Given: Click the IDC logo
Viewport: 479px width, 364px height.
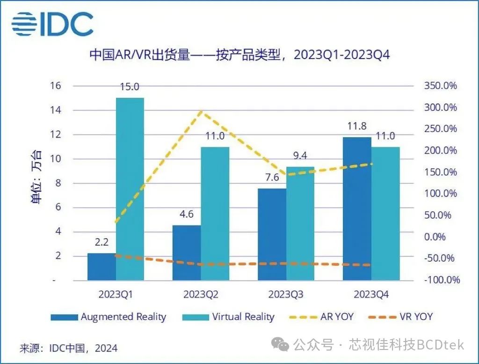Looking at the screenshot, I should [x=52, y=23].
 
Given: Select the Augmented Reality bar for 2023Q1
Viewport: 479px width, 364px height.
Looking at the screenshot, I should [x=102, y=267].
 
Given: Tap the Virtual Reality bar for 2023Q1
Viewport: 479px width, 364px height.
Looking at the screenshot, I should [x=130, y=189].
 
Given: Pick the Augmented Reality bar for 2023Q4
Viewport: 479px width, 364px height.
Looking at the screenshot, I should [x=357, y=209].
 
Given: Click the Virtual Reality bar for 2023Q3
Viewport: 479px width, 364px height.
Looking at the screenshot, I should [x=300, y=223].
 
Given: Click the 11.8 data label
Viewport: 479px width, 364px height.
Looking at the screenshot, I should [x=356, y=127].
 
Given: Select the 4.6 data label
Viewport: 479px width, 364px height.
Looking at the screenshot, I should [x=186, y=215].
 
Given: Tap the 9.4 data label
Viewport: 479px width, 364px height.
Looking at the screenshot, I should [x=300, y=156].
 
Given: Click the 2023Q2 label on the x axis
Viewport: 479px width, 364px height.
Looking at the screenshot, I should [x=201, y=295].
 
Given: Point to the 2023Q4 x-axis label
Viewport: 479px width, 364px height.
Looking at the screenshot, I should [x=371, y=295].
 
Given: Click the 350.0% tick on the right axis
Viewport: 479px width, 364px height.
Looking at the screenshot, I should [x=441, y=86].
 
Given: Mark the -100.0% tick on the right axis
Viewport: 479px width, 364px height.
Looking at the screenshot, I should [x=441, y=280].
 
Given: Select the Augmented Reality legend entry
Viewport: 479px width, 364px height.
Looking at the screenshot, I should [x=109, y=317].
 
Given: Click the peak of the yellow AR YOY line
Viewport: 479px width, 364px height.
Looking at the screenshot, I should [x=201, y=111].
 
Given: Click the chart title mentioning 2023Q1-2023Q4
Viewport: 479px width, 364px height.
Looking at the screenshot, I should [x=239, y=55].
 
